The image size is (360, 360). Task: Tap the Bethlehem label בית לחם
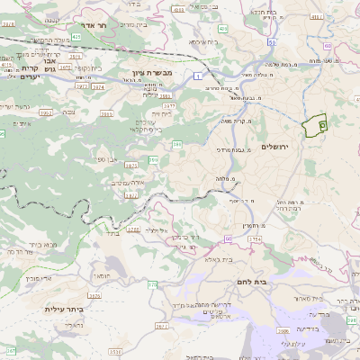tap(284, 281)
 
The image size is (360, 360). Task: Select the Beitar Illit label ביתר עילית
tap(64, 309)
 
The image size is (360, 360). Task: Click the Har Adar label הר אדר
tap(94, 26)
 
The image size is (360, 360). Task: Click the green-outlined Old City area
tap(315, 126)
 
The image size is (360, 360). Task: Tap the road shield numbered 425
tap(76, 38)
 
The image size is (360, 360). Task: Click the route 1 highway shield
tap(196, 76)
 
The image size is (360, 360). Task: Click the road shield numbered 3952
tap(45, 112)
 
